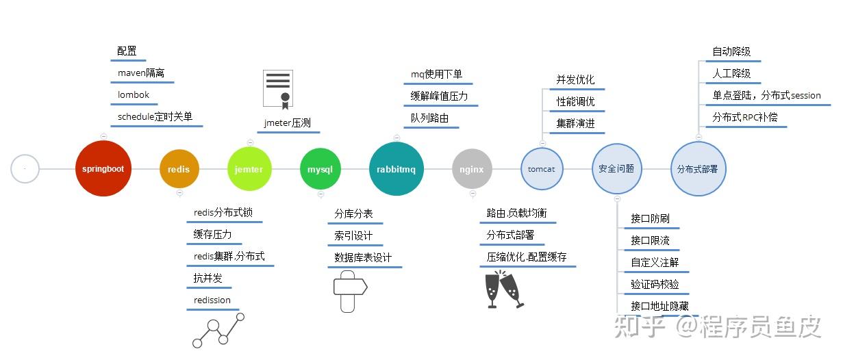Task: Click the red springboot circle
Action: coord(103,168)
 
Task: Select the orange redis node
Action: coord(179,169)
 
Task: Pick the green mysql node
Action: coord(320,169)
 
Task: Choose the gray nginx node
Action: coord(472,169)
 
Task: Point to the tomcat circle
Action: coord(542,169)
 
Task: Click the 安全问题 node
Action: coord(616,168)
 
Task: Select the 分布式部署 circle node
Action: coord(697,168)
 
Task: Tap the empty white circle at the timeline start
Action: coord(25,168)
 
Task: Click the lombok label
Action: coord(134,95)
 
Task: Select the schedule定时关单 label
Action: coord(155,117)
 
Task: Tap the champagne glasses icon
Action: coord(504,290)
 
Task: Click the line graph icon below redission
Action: coord(218,330)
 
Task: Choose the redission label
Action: coord(212,300)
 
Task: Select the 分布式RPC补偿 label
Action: coord(745,117)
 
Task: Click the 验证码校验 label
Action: coord(655,284)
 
